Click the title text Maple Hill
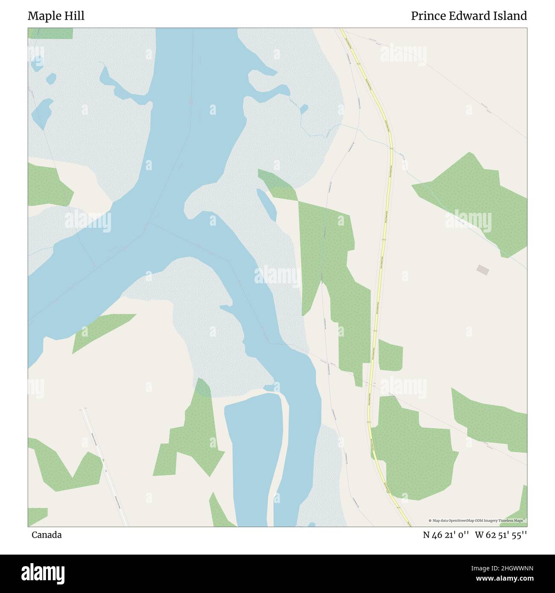coord(56,16)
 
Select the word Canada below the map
coord(46,535)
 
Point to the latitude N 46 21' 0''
coord(446,535)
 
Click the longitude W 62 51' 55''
coord(501,535)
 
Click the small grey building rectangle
coord(483,270)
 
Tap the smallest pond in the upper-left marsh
coord(51,78)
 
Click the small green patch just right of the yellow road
coord(390,356)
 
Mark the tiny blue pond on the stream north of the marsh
coord(304,109)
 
